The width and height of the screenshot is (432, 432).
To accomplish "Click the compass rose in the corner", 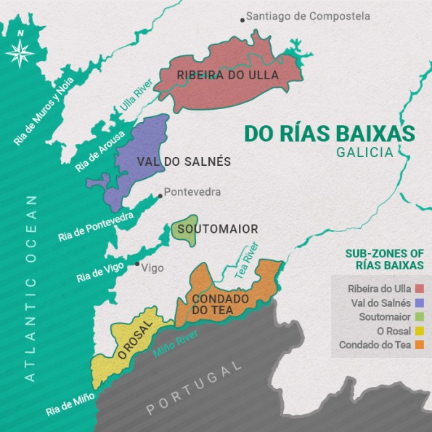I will pyautogui.click(x=20, y=50).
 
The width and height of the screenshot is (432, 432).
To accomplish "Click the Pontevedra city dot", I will pyautogui.click(x=160, y=195).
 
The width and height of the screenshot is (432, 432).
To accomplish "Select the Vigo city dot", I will pyautogui.click(x=136, y=263).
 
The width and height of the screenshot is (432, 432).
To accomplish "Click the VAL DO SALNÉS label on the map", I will pyautogui.click(x=184, y=161).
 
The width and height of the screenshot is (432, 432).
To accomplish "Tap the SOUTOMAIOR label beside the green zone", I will pyautogui.click(x=217, y=229).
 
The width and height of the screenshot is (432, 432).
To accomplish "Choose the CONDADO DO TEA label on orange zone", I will pyautogui.click(x=220, y=304).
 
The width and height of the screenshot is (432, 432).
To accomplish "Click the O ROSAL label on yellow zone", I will pyautogui.click(x=136, y=338).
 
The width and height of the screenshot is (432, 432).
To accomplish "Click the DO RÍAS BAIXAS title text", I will pyautogui.click(x=329, y=133).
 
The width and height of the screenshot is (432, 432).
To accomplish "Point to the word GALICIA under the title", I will pyautogui.click(x=364, y=153).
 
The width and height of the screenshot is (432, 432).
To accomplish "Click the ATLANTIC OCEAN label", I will pyautogui.click(x=30, y=288).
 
